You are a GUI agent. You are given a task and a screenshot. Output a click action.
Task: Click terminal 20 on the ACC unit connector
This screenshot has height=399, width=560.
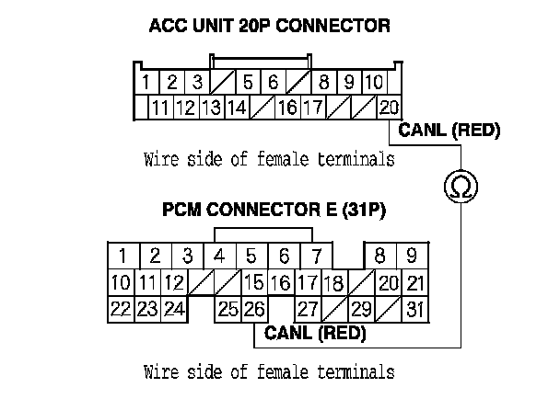coord(389,108)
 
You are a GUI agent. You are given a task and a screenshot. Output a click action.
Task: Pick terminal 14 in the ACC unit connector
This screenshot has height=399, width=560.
coord(236,108)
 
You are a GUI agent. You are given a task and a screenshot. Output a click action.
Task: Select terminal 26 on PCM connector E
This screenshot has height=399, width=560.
coord(253,310)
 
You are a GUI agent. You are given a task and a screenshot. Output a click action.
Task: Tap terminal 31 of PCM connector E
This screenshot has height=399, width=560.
coord(415,310)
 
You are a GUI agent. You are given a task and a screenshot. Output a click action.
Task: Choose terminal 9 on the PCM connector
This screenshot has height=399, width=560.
coord(412,255)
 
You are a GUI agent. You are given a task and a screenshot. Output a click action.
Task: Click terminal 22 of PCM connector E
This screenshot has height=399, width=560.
coord(120,310)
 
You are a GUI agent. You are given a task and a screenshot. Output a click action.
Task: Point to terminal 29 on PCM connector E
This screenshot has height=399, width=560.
coord(361,310)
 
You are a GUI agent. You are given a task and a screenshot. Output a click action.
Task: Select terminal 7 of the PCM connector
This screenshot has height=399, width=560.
coord(316,255)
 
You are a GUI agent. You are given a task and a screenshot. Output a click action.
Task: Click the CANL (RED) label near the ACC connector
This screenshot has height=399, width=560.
coord(449,131)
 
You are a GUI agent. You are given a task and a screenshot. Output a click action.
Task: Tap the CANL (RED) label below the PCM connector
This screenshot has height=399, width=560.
coord(315,334)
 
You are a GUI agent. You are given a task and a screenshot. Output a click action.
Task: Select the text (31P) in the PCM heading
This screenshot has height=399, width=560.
coord(362,211)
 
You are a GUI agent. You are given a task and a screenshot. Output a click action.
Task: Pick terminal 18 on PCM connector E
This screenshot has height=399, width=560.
coord(334,282)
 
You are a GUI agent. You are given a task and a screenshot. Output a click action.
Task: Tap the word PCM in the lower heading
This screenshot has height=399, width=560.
coord(182,211)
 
